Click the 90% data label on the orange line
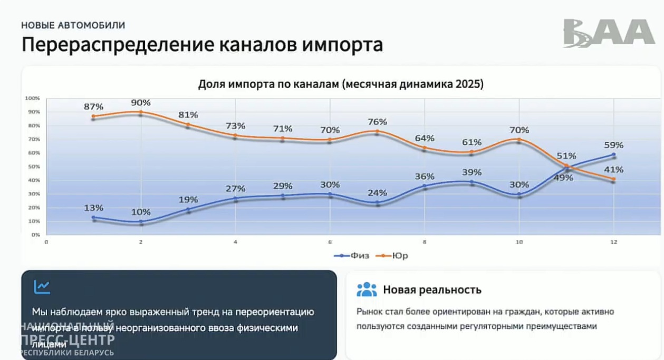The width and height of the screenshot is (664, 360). (141, 102)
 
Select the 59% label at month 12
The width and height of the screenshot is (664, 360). (613, 145)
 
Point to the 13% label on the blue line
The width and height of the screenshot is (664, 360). (93, 208)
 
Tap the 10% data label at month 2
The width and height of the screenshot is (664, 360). (141, 212)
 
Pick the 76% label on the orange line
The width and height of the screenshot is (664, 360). (377, 122)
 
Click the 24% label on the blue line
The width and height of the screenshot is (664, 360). (377, 193)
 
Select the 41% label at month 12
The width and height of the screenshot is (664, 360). (613, 170)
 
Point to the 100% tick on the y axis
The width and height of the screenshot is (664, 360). (33, 98)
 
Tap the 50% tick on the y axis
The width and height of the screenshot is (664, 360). (34, 167)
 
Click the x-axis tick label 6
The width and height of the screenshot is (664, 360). (330, 242)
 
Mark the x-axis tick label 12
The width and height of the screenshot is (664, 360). (613, 242)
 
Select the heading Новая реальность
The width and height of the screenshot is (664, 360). (432, 289)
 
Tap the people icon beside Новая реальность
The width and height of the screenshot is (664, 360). (367, 289)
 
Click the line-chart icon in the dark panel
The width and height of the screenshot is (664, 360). (42, 287)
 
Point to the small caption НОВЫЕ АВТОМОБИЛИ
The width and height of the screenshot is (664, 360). (73, 25)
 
